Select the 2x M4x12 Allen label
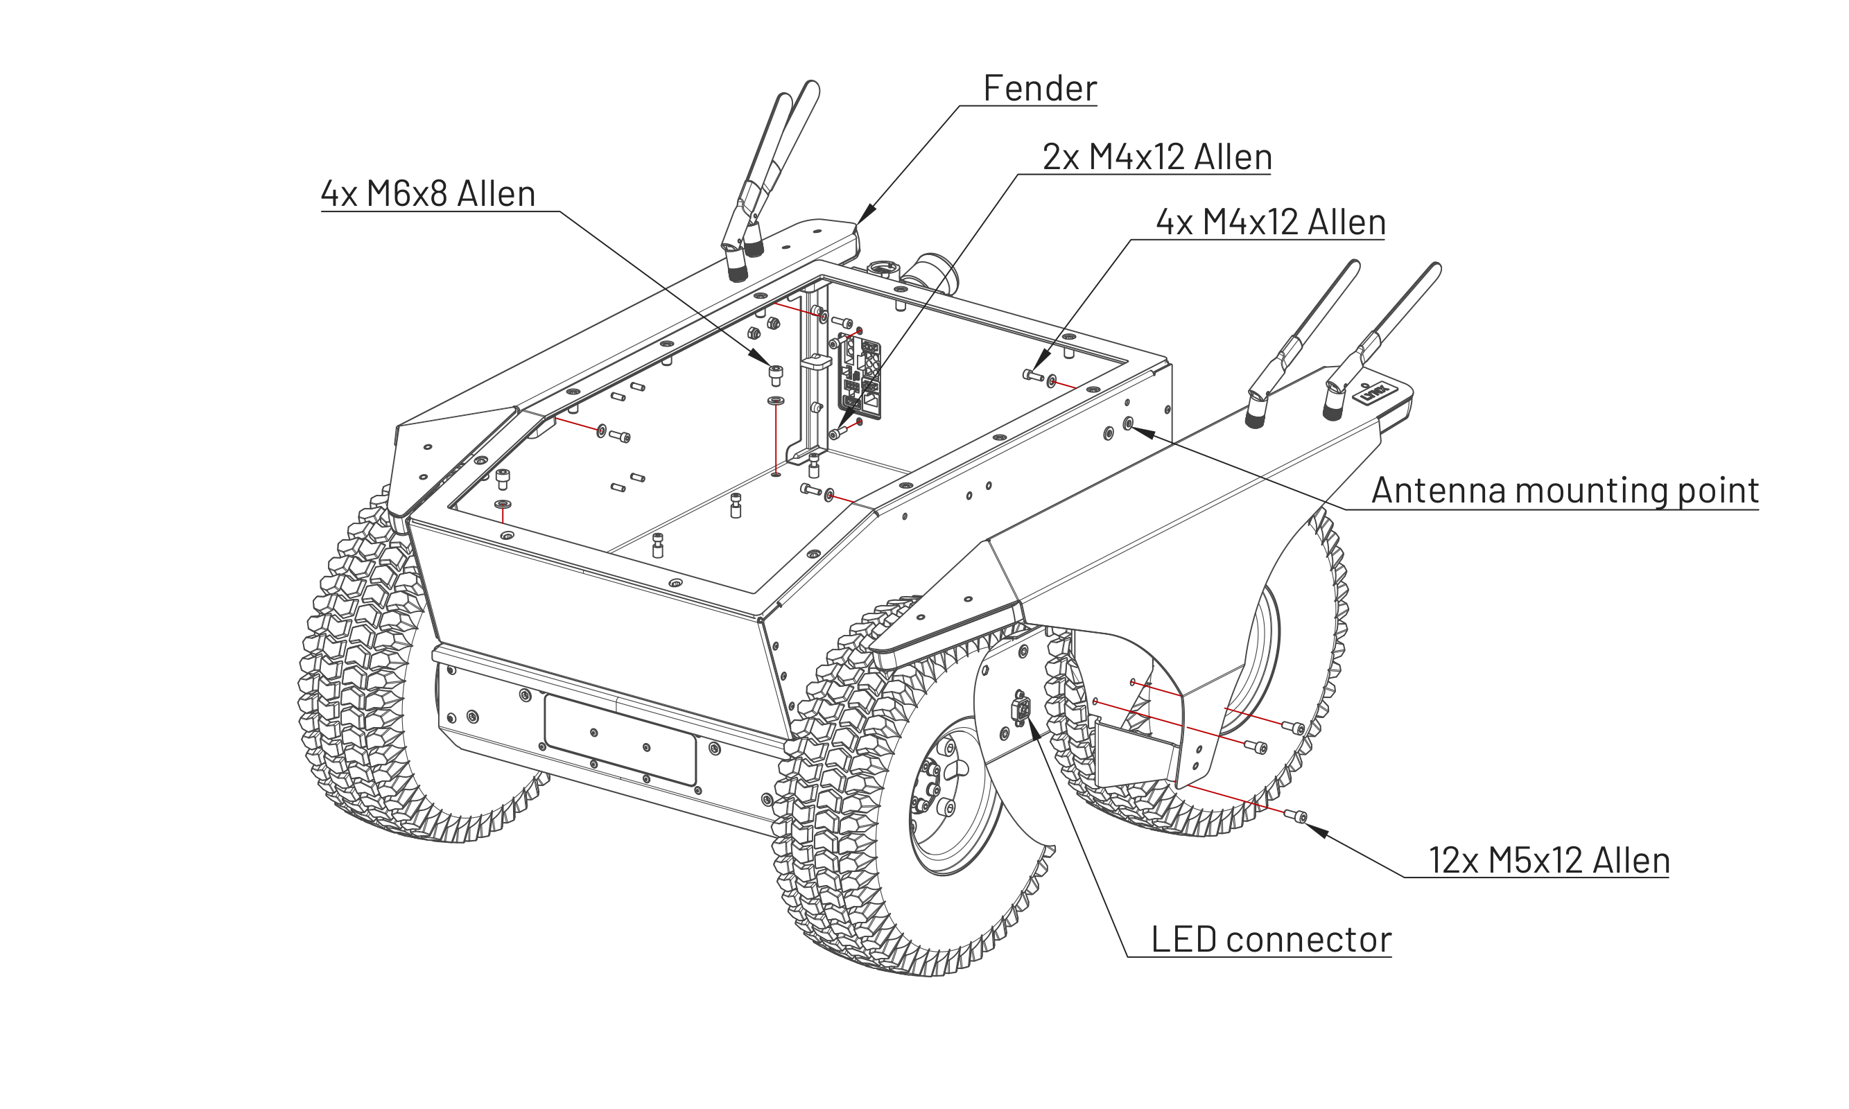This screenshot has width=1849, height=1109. pyautogui.click(x=1157, y=157)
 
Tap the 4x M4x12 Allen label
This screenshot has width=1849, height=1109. pyautogui.click(x=1271, y=222)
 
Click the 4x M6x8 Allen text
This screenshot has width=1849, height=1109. pyautogui.click(x=428, y=193)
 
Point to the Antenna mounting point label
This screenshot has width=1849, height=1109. pyautogui.click(x=1565, y=490)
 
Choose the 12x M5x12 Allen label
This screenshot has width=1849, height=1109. pyautogui.click(x=1549, y=860)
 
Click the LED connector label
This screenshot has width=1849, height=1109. pyautogui.click(x=1271, y=939)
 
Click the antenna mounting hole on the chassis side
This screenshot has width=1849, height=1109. pyautogui.click(x=1129, y=424)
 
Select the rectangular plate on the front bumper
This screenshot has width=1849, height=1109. pyautogui.click(x=620, y=740)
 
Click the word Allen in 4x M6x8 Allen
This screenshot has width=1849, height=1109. pyautogui.click(x=496, y=193)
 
